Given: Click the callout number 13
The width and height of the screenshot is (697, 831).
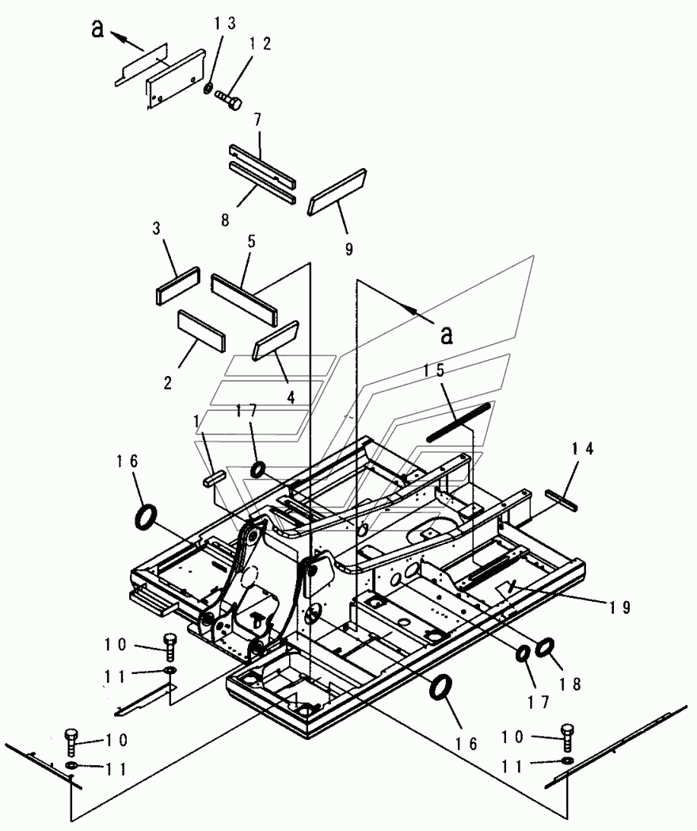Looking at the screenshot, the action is pos(225,23).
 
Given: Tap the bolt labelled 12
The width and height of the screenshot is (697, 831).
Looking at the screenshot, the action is pos(228,98).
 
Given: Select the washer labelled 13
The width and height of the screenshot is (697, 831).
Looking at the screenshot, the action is pos(208,87).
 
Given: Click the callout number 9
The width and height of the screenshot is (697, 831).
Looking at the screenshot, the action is pos(348,249).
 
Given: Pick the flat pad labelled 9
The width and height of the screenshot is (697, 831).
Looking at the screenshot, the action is pos(337,192).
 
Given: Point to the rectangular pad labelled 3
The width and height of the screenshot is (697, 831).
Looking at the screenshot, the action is pos(178,286).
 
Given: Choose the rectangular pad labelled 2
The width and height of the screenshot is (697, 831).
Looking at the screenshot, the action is pos(202,331).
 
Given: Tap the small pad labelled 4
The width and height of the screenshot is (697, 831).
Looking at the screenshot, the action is pos(276,341).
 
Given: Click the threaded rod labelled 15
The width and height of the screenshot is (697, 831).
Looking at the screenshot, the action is pos(459,421).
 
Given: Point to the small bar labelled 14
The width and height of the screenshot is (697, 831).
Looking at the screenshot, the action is pos(562,500).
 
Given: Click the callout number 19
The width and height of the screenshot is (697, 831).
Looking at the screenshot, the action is pos(619,607).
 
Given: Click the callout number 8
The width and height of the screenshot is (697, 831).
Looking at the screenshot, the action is pos(226,220).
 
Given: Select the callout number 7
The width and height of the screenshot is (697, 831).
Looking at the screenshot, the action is pos(257,120).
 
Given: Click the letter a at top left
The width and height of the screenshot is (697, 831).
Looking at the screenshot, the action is pos(97,29).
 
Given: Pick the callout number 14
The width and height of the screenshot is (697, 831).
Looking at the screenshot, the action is pos(583,448).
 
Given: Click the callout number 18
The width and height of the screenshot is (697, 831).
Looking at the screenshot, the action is pos(570,684).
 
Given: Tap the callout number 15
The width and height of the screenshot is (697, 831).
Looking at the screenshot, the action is pos(434,370).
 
